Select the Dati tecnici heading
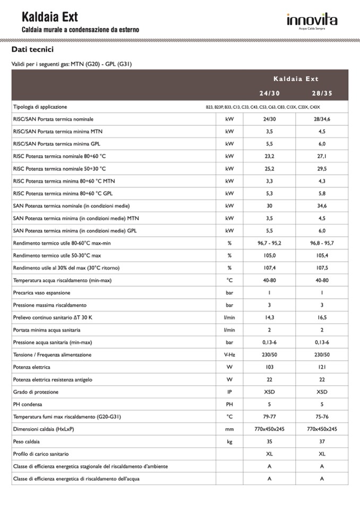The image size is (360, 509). [x=32, y=49]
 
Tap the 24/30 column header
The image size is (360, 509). [x=269, y=93]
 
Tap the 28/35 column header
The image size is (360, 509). [x=322, y=93]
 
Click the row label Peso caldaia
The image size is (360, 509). [x=27, y=441]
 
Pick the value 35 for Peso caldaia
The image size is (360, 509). [x=269, y=441]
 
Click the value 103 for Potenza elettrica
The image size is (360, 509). [x=269, y=367]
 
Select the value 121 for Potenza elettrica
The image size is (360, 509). [x=322, y=367]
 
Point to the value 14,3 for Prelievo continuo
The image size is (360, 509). [x=269, y=317]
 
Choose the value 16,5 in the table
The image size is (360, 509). [x=322, y=317]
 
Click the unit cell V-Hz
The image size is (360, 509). [x=229, y=355]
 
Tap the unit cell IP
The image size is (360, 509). [x=229, y=392]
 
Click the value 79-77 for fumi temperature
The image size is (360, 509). [x=269, y=417]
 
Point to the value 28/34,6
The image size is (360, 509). [x=322, y=119]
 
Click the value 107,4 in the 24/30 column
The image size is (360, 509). [x=269, y=268]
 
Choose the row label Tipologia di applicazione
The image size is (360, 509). [x=40, y=107]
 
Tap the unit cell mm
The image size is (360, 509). [x=229, y=429]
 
